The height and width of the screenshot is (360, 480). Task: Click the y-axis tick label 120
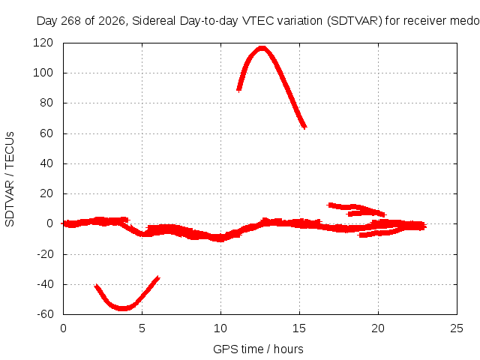pos(43,43)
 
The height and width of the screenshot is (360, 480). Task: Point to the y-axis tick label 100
pos(43,73)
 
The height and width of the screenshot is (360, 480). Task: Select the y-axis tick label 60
pos(46,133)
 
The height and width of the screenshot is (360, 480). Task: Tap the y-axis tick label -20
pos(45,254)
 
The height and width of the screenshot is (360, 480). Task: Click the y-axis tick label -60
pos(45,314)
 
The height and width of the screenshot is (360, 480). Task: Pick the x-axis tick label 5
pos(142,328)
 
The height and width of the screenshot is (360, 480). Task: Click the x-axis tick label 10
pos(220,328)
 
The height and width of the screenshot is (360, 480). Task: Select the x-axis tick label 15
pos(299,328)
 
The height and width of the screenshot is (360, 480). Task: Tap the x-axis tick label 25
pos(457,328)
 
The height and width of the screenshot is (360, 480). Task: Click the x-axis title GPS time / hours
pos(258,349)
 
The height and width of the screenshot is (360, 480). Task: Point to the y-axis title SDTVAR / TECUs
pos(10,179)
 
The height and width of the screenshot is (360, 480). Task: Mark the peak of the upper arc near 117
pos(262,48)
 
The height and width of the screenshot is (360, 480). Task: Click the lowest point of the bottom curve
pos(122,308)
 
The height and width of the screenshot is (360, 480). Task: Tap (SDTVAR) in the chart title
pos(355,21)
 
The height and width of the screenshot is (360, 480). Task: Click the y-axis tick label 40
pos(46,163)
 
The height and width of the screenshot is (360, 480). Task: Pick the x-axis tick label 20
pos(378,328)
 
